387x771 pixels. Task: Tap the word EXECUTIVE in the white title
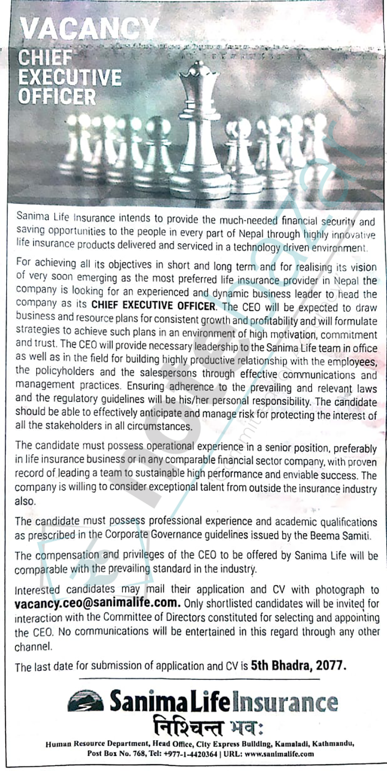pos(70,77)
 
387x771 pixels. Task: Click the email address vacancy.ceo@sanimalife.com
pos(98,603)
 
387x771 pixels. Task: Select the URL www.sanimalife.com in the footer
pos(272,754)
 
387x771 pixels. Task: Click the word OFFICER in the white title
pos(57,96)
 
